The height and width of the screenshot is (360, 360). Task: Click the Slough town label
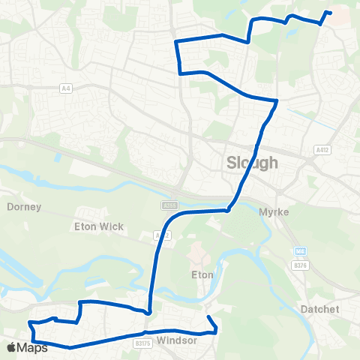tap(252, 163)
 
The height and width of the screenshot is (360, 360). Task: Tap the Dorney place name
tap(24, 206)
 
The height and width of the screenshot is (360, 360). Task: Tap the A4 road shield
tap(66, 88)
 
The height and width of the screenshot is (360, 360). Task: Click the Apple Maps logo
tap(27, 347)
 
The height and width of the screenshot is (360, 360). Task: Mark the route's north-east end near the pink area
tap(330, 13)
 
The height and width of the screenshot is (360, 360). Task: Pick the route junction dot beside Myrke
tap(228, 211)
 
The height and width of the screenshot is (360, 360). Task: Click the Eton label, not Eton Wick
tap(202, 274)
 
